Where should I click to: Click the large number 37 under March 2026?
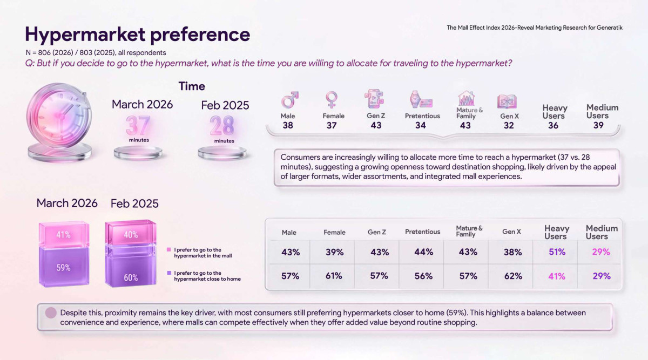coord(138,126)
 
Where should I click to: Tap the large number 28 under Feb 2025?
coord(222,126)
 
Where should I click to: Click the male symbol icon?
coord(289,100)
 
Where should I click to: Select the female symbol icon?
coord(331,100)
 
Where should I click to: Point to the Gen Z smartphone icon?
coord(374,99)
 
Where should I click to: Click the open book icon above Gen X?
coord(507,101)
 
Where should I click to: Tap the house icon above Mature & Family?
coord(467,98)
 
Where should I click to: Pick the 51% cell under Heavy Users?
coord(557,252)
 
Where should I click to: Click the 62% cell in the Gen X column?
coord(513,276)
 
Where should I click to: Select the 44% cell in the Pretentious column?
coord(423,252)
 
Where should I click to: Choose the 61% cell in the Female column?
coord(334,276)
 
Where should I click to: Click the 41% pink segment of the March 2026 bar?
coord(64,234)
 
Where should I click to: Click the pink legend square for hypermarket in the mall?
coord(169,249)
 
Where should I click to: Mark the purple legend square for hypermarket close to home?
coord(169,273)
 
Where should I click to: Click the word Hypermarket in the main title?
coord(85,35)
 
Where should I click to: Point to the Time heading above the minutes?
coord(192,86)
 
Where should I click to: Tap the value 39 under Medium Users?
coord(598,125)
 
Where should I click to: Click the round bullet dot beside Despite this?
coord(51,313)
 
